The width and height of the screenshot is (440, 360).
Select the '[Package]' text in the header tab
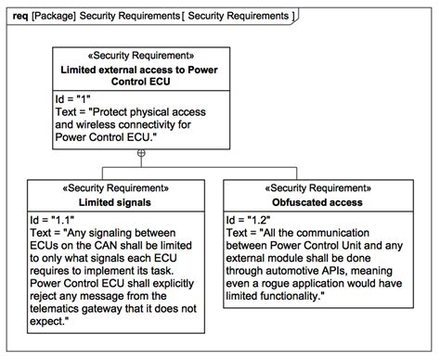click(x=54, y=17)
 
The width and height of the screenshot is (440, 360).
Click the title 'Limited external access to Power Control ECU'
click(x=140, y=76)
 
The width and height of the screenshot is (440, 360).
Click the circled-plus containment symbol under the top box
click(x=140, y=152)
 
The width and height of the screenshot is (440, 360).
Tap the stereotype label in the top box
click(x=140, y=56)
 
